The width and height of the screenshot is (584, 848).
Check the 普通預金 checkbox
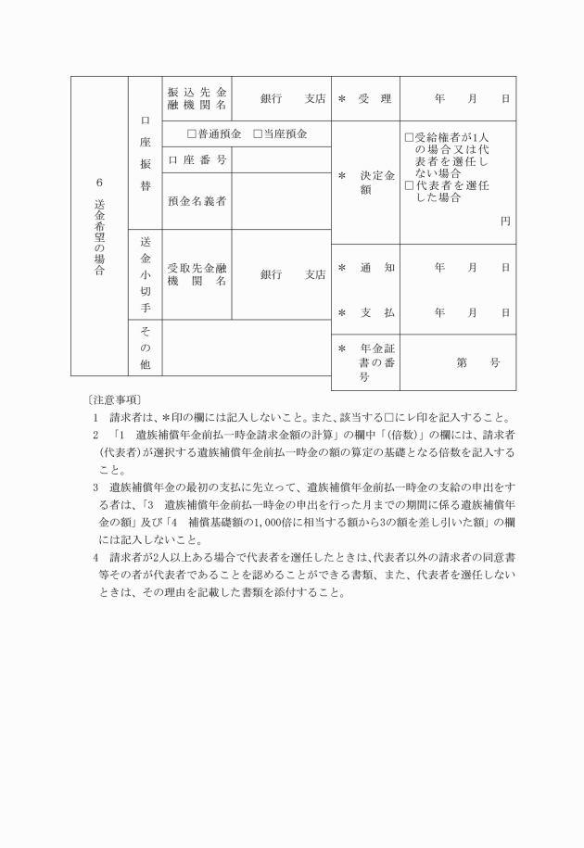click(x=192, y=134)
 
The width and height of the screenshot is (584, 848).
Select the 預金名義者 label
click(x=197, y=200)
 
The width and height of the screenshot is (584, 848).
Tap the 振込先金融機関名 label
click(x=197, y=99)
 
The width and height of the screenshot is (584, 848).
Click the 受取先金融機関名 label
click(x=197, y=274)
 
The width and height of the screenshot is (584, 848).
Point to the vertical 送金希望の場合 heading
click(x=99, y=227)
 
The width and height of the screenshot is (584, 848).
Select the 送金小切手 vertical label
click(x=145, y=273)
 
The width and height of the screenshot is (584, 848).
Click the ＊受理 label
click(x=365, y=98)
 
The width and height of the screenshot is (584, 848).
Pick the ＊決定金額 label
click(x=365, y=182)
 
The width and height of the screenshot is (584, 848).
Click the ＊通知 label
click(x=365, y=268)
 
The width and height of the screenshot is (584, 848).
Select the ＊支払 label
click(x=365, y=313)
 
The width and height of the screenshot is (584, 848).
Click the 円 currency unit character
click(x=505, y=221)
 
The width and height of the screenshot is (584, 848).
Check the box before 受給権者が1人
click(x=409, y=137)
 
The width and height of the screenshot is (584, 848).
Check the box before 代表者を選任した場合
click(x=409, y=184)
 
